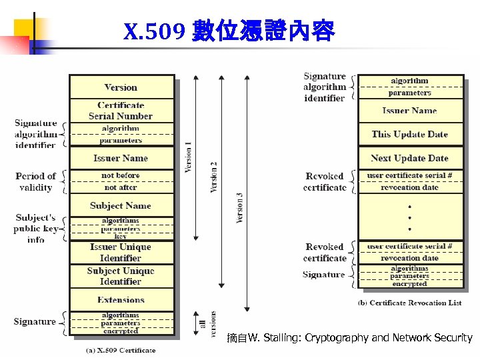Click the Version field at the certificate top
[x=121, y=87]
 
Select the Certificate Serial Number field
[x=121, y=111]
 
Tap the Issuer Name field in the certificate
[x=121, y=158]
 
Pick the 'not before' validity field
[x=121, y=176]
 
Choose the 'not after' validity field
[x=121, y=187]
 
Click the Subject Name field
[x=121, y=205]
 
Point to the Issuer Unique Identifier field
[x=121, y=253]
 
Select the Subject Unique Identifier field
[x=121, y=276]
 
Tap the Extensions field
[x=121, y=300]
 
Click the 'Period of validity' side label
[x=36, y=182]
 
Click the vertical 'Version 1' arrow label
[x=189, y=157]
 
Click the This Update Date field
[x=410, y=134]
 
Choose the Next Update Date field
[x=410, y=158]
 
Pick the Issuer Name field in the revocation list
[x=410, y=111]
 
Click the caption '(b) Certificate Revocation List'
[x=410, y=303]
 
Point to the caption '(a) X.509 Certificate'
[x=121, y=350]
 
